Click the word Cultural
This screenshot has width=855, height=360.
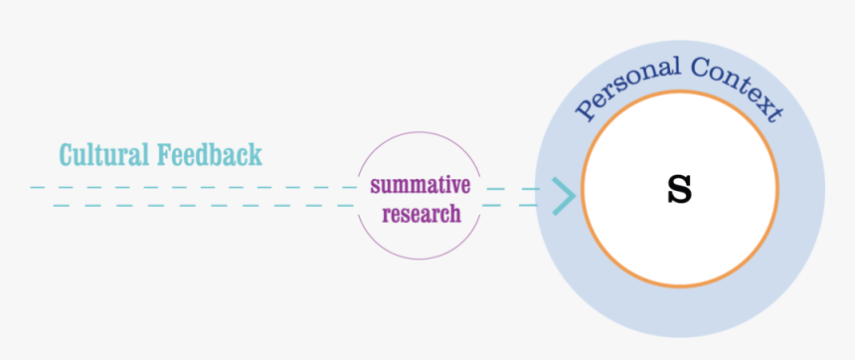point(103,155)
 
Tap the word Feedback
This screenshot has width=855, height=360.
point(210,155)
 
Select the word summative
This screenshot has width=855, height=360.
point(421,185)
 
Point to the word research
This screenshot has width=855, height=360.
point(422,213)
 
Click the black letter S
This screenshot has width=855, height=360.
point(679,188)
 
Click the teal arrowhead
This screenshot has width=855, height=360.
point(564,195)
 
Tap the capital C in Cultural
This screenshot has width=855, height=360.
point(67,156)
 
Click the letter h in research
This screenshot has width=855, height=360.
point(454,212)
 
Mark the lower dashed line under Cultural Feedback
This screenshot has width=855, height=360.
point(199,206)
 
